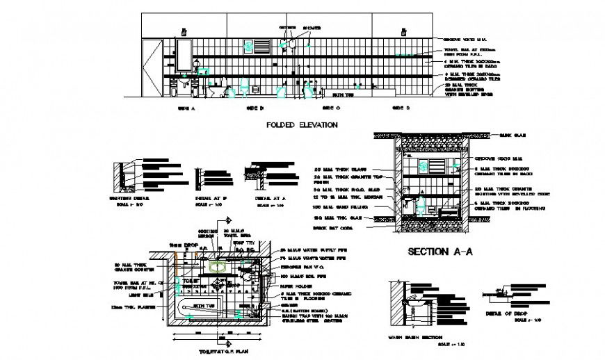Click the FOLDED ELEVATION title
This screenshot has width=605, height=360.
[x=302, y=125]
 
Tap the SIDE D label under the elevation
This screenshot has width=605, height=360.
[x=401, y=108]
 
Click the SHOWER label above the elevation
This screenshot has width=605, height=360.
[x=307, y=28]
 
